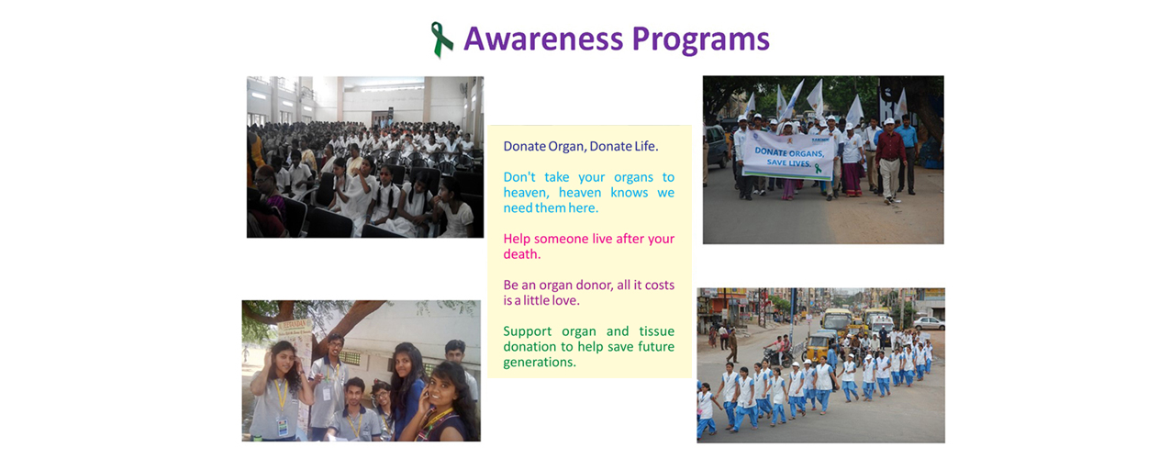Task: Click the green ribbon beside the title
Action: click(441, 39)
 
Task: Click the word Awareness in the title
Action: click(543, 39)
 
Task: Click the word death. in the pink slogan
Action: click(522, 254)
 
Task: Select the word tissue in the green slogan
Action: click(657, 330)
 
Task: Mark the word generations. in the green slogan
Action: click(540, 363)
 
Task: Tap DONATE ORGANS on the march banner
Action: click(788, 152)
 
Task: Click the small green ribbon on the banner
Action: click(818, 168)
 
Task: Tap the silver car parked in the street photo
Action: click(929, 323)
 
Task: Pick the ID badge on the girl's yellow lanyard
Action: click(282, 427)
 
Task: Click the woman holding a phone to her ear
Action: click(442, 404)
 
